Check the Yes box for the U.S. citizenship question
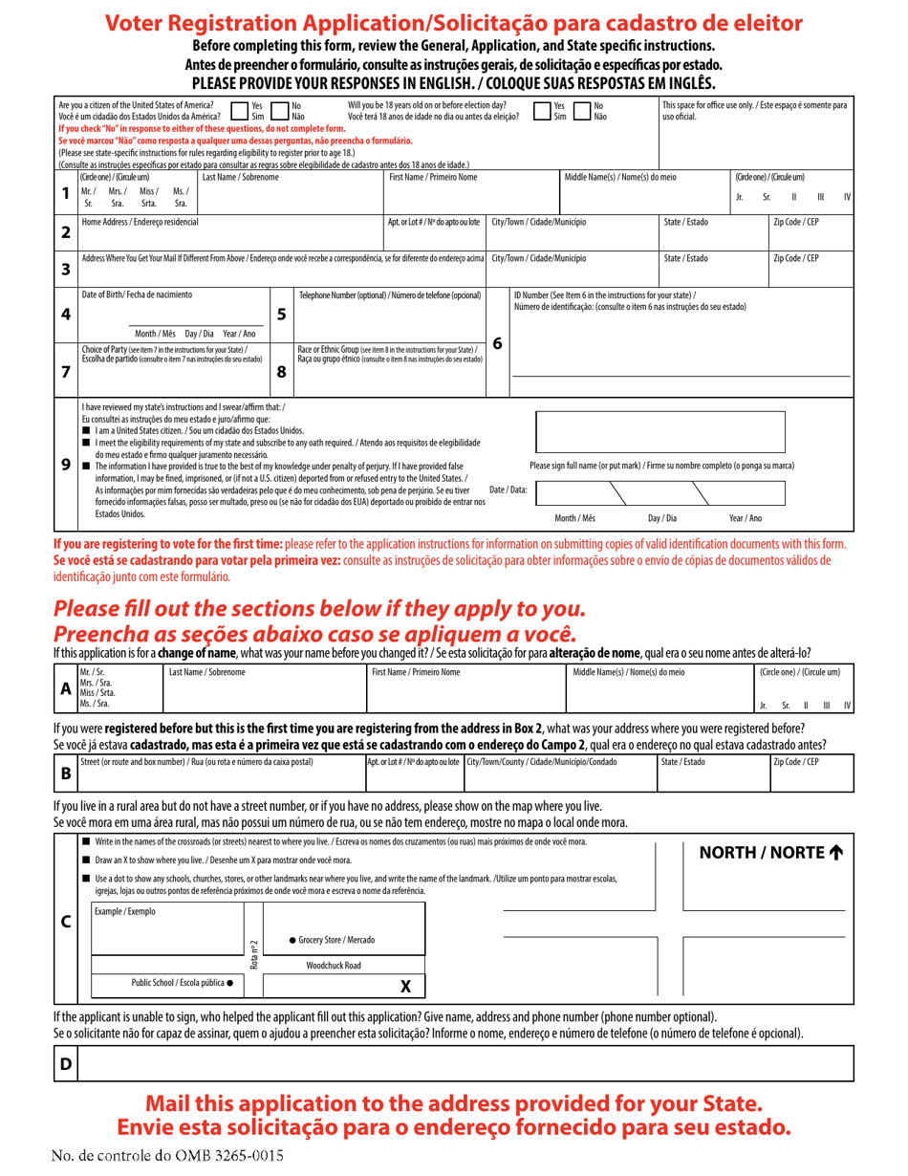point(239,111)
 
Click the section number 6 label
point(497,342)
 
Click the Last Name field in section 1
point(291,196)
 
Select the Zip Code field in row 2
point(811,234)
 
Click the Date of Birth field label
point(137,294)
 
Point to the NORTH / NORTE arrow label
point(771,853)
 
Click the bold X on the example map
point(405,986)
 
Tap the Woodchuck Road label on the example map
point(334,966)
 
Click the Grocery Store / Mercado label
point(332,940)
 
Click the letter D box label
point(66,1063)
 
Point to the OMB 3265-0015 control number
point(168,1155)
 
